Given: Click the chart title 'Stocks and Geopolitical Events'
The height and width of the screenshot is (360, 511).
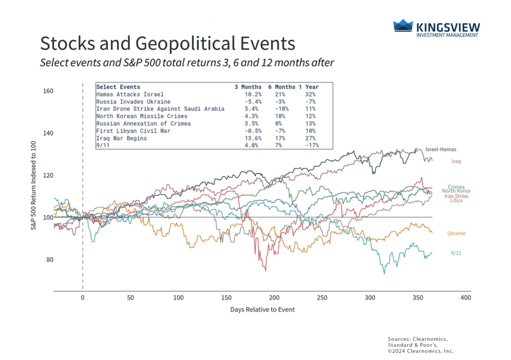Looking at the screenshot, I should tap(167, 43).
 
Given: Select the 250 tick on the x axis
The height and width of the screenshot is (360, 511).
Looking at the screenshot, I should tap(322, 298).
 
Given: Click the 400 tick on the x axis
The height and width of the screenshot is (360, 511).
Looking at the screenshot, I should tap(466, 298).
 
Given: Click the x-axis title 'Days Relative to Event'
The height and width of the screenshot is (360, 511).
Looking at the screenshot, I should tap(262, 310).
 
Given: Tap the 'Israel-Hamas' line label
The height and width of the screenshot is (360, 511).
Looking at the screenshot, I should tap(441, 149).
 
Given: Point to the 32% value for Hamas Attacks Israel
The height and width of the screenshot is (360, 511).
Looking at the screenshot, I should tap(310, 94).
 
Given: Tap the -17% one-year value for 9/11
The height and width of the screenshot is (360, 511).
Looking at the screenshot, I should tap(310, 145).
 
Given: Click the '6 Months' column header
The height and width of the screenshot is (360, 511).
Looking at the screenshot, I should tap(281, 87).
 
